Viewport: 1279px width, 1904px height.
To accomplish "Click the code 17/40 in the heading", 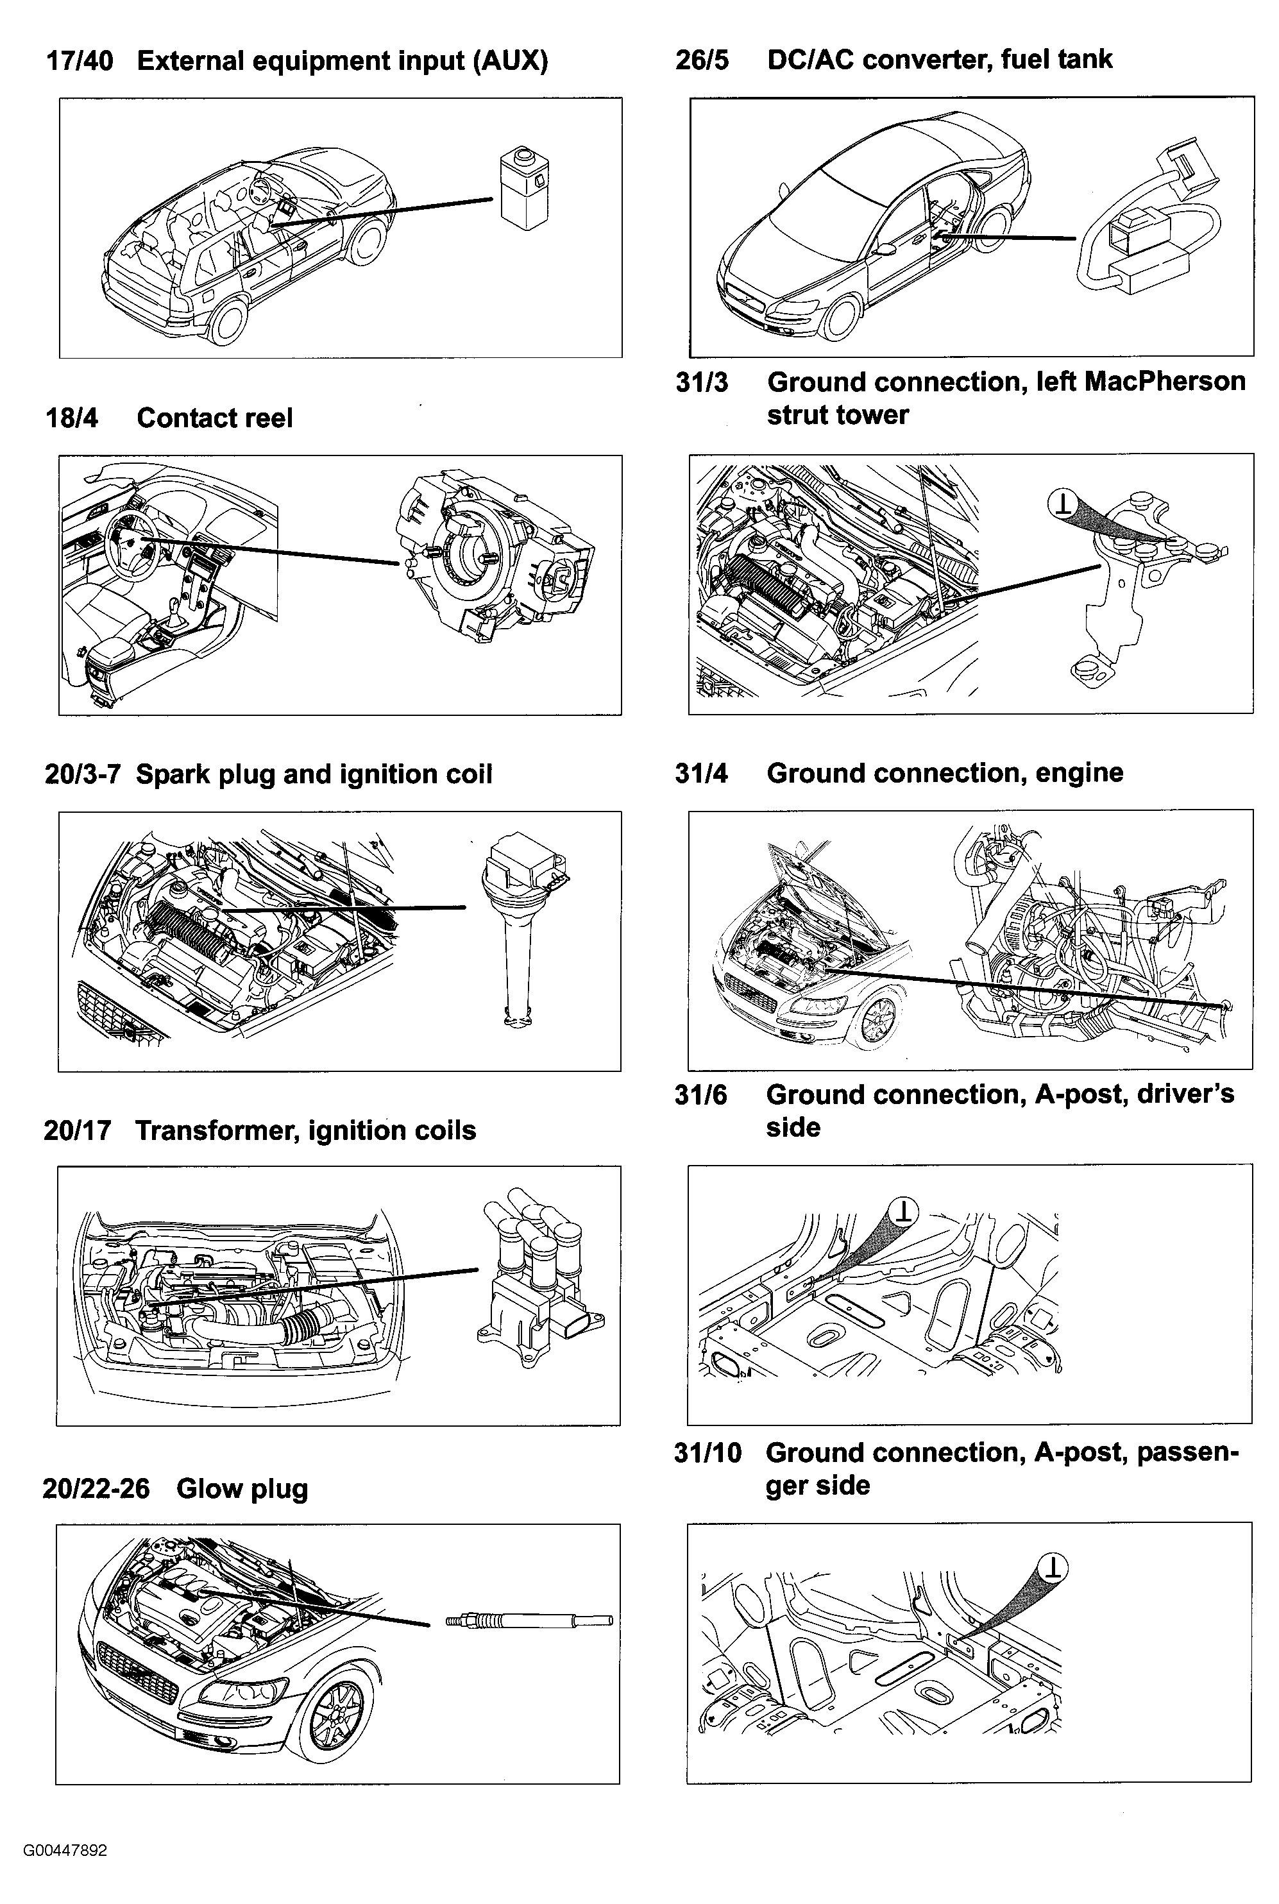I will [x=79, y=61].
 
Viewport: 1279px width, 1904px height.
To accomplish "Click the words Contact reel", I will [x=214, y=418].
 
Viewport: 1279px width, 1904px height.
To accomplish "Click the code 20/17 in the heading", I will [x=77, y=1130].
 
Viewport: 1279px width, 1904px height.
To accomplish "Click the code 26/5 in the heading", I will [x=702, y=60].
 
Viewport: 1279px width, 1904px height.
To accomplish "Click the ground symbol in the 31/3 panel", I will [x=1062, y=504].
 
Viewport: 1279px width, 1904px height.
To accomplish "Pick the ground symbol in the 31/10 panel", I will [x=1053, y=1567].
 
